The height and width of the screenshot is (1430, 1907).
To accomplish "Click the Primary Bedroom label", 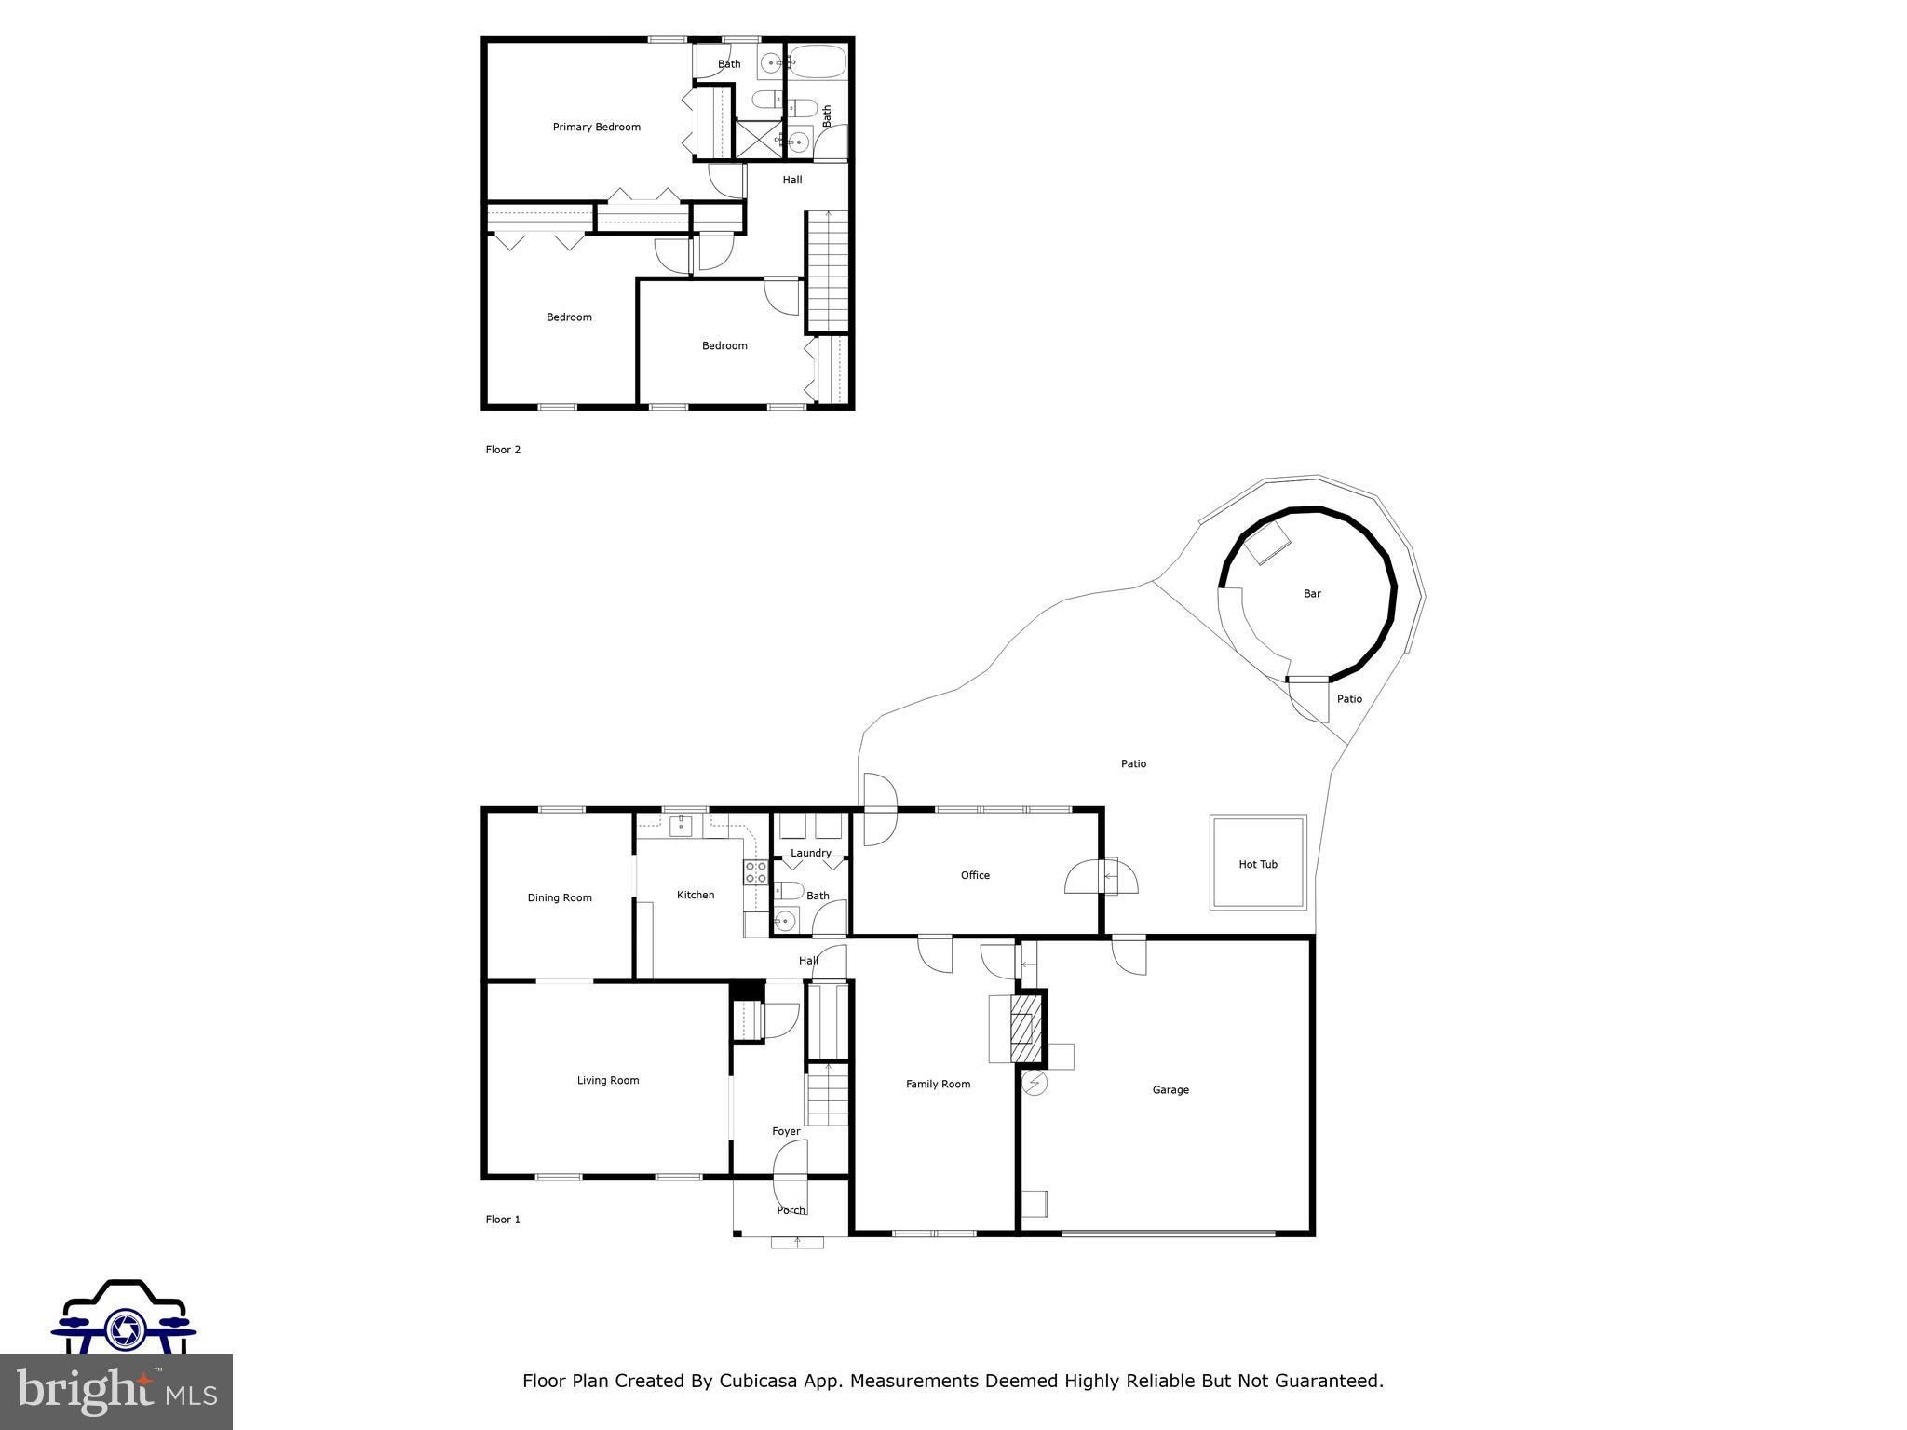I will tap(596, 127).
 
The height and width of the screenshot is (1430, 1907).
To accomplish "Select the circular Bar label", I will tap(1312, 593).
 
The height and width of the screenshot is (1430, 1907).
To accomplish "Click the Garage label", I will tap(1170, 1089).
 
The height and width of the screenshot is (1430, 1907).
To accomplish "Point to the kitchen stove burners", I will tap(755, 872).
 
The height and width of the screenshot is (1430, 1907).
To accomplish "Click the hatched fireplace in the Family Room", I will tap(1025, 1029).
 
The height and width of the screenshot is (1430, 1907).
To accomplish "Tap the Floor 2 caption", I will tap(503, 450).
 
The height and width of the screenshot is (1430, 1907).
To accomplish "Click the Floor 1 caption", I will tap(503, 1219).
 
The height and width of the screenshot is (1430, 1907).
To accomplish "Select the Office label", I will tap(975, 875).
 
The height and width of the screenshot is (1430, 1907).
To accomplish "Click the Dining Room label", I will tap(560, 897).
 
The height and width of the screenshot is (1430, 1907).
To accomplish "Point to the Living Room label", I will tap(608, 1080).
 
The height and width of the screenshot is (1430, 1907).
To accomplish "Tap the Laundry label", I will tap(810, 853).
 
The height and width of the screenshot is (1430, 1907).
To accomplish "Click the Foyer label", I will tap(786, 1131).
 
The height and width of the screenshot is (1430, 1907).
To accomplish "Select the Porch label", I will tap(791, 1210).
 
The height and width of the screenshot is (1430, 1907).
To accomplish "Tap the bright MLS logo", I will tap(115, 1391).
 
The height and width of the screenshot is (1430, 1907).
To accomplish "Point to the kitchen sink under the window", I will tap(681, 825).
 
